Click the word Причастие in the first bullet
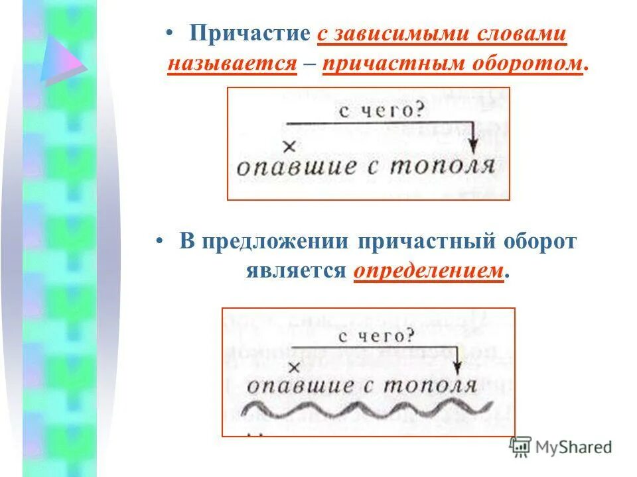[x=249, y=35]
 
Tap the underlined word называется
[x=232, y=64]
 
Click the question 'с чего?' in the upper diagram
[x=381, y=110]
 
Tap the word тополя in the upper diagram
[x=442, y=165]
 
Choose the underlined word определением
[x=428, y=270]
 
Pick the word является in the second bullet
[x=296, y=270]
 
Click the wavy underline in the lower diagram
[x=368, y=408]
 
